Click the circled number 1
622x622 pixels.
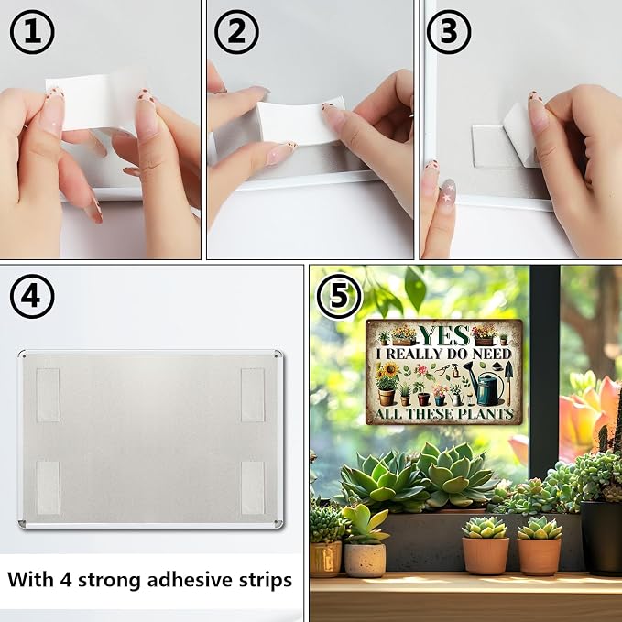point(32,32)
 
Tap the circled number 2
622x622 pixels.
point(236,32)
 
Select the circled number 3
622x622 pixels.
point(449,32)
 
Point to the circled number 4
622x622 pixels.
point(32,296)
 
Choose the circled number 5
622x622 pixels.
point(339,296)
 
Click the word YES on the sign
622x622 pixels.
point(444,335)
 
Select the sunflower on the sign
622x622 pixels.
point(391,370)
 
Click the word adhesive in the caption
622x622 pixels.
point(190,580)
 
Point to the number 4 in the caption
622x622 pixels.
point(66,580)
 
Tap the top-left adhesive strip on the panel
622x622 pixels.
point(48,395)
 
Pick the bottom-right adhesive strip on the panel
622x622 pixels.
point(253,487)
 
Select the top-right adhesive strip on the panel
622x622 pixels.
point(253,395)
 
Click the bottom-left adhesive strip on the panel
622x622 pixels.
point(48,487)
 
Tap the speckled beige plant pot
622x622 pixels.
point(365,560)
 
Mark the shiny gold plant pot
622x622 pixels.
point(325,559)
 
